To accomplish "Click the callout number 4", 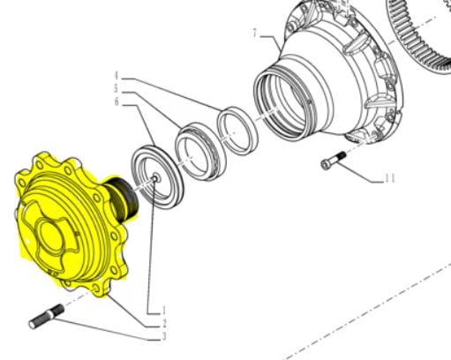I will point(116,74).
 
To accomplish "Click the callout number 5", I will point(116,88).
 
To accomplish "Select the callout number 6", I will point(116,103).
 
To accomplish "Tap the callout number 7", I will point(256,34).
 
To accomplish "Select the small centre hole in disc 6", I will point(154,180).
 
